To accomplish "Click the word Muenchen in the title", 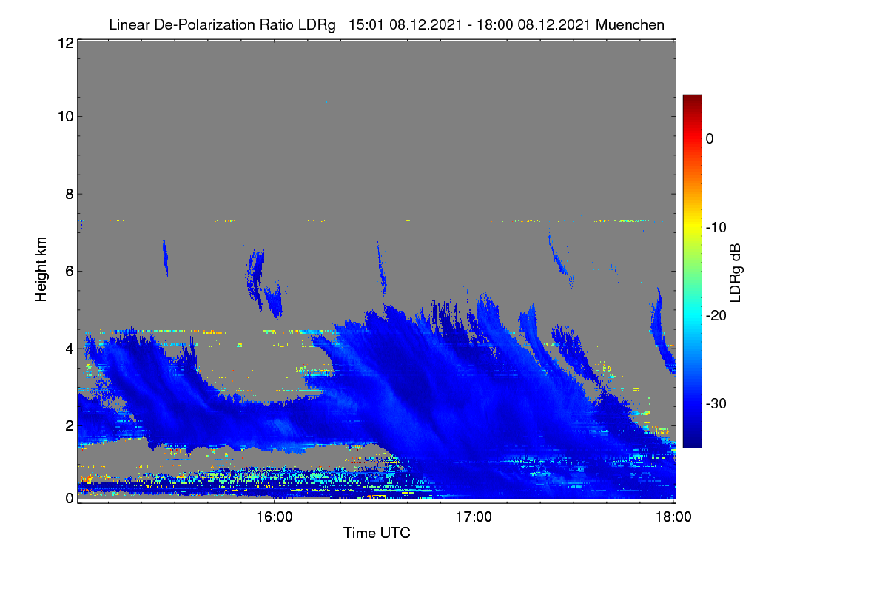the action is (630, 24).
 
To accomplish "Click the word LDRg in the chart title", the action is (317, 25).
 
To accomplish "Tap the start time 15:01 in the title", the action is (366, 24).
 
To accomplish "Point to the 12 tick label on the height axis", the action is (66, 43).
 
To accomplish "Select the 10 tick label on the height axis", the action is (66, 117).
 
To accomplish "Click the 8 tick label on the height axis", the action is (70, 194).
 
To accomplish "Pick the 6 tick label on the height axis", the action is (70, 272).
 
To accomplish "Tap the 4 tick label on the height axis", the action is (70, 349).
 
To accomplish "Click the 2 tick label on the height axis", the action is (70, 425).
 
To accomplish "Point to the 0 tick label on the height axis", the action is (70, 498).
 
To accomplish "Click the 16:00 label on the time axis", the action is (275, 517).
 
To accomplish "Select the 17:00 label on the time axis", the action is (474, 517).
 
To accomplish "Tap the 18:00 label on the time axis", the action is (673, 517).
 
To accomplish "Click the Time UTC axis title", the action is (377, 533).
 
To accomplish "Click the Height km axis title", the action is (41, 269).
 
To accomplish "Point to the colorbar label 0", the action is (710, 138).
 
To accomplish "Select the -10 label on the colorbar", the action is (716, 228).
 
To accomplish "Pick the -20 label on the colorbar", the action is (716, 316).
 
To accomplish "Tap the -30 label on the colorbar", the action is (716, 403).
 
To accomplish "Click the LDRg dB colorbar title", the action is (736, 273).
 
